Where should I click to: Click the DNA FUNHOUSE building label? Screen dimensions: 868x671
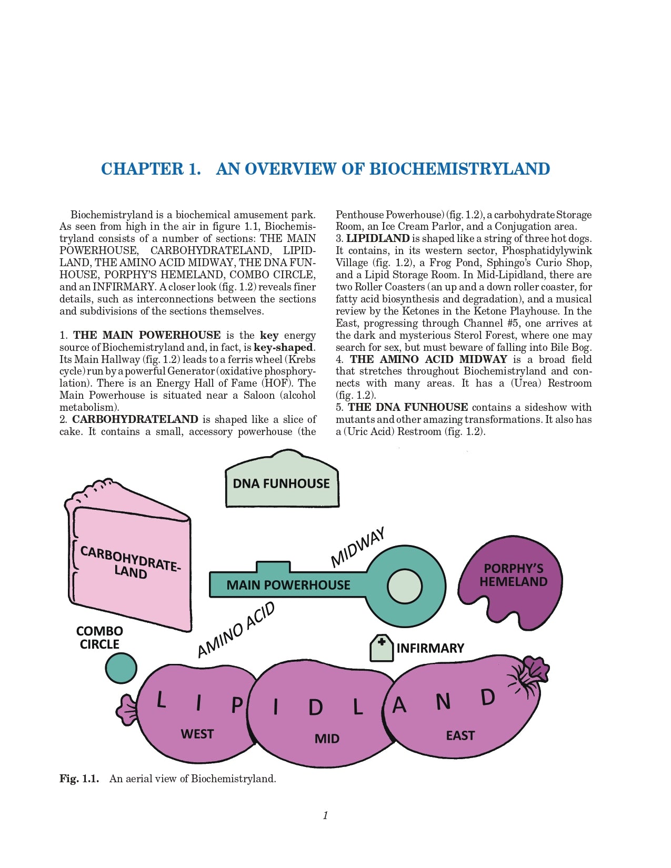tap(281, 483)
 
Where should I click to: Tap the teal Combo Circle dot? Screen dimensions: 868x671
tap(121, 668)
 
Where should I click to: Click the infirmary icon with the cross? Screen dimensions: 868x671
tap(382, 648)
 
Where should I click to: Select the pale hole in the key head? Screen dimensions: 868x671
tap(405, 586)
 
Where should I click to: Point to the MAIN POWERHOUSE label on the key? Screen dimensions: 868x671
tap(288, 585)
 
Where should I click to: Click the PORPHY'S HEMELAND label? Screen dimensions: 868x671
tap(513, 575)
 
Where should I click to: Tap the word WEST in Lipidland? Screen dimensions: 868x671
tap(197, 734)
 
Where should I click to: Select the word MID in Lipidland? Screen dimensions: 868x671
tap(327, 739)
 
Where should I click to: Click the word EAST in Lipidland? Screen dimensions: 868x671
tap(460, 735)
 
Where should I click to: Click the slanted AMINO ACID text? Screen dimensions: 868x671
tap(236, 630)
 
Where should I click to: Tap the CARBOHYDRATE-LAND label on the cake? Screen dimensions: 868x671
tap(130, 562)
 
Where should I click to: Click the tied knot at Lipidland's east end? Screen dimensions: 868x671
tap(529, 675)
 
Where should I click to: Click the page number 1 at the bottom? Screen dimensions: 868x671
tap(325, 815)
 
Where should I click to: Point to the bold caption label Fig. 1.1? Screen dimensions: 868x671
tap(79, 779)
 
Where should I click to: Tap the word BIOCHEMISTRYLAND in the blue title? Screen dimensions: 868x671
tap(459, 169)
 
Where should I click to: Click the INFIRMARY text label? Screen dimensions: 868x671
tap(430, 648)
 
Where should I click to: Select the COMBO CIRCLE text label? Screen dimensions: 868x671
tap(99, 638)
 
